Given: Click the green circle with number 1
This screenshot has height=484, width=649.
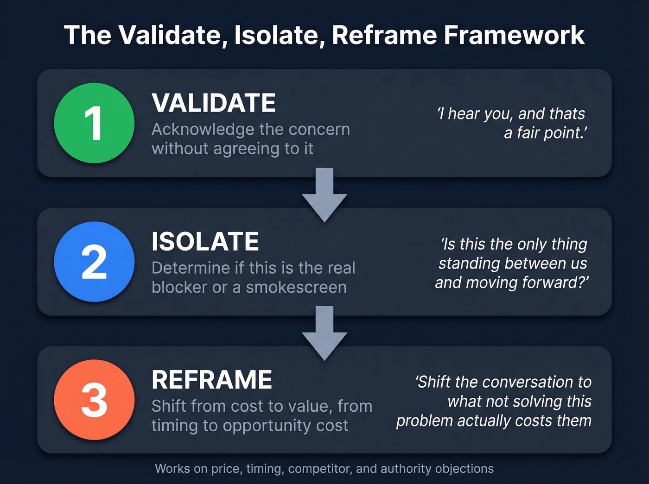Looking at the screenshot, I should point(94,123).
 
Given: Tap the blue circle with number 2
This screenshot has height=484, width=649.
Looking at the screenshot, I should point(94,262).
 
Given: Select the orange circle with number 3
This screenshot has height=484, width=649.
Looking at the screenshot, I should point(94,400).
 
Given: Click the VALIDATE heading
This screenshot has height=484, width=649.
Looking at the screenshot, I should point(214,103).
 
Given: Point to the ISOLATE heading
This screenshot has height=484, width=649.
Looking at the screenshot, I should point(205,241).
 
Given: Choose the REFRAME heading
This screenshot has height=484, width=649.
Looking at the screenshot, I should point(211,380).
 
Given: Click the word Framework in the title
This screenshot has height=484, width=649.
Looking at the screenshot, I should point(514,35).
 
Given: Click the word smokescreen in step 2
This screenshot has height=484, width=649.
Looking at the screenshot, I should point(296,287).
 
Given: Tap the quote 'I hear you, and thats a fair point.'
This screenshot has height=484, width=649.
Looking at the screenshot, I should point(512,123).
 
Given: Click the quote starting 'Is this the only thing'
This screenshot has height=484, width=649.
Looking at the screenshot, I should point(512,263).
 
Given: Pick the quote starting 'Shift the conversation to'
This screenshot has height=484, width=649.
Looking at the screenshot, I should point(494,401).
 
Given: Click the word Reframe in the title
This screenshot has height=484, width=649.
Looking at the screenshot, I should point(384,35).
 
